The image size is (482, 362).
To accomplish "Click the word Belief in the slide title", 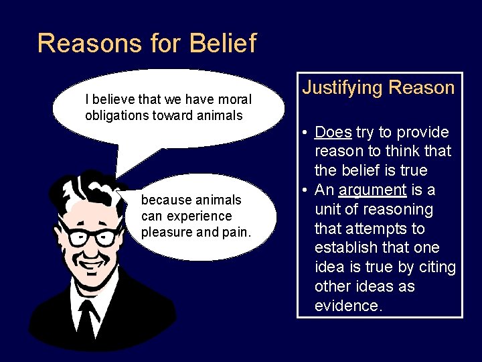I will click(223, 44).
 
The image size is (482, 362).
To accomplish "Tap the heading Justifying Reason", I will click(378, 88).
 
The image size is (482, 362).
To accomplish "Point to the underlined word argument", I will click(372, 190).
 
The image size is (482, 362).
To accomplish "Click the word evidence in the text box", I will click(348, 306).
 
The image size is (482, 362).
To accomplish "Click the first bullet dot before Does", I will click(305, 133).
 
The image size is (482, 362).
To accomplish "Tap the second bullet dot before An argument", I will click(305, 190).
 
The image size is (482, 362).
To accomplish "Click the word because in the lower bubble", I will click(165, 200).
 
